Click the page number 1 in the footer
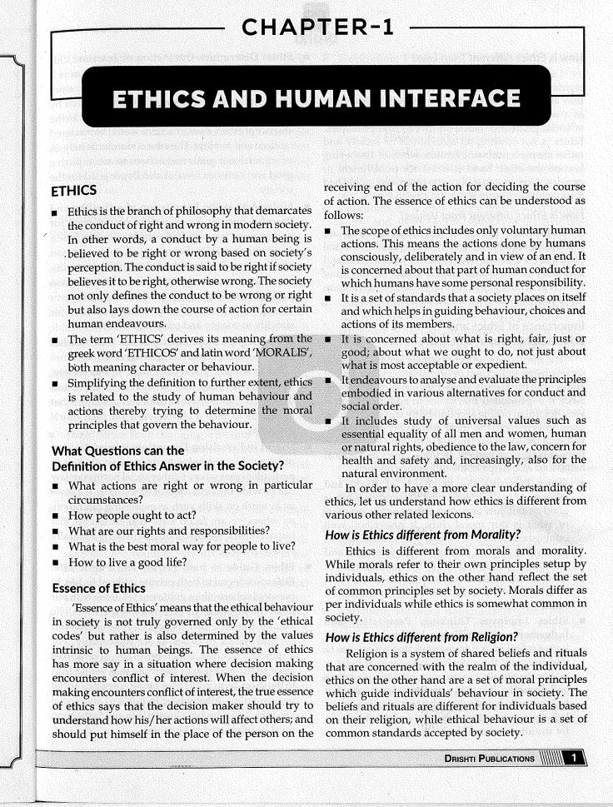click(571, 757)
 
